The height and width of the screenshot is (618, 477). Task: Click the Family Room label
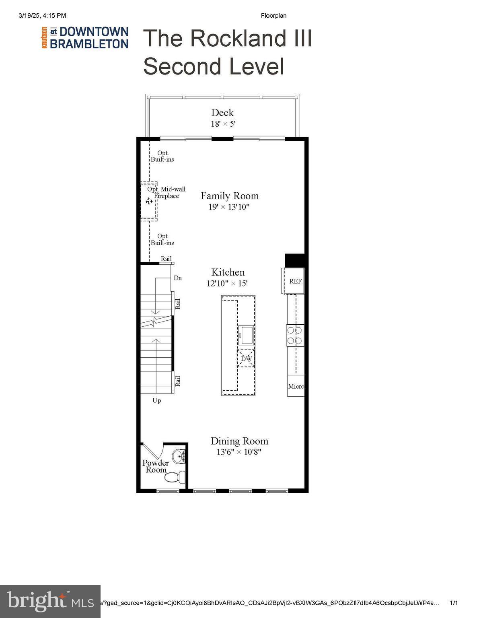coord(229,196)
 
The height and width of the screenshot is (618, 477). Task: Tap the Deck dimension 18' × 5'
coord(223,124)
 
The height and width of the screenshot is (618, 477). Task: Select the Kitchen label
coord(228,272)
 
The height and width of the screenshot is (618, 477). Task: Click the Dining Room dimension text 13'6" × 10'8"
coord(239,452)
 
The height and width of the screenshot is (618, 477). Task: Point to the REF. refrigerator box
coord(295,281)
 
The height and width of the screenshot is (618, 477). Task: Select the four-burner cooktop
coord(295,335)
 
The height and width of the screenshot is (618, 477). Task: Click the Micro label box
coord(296,386)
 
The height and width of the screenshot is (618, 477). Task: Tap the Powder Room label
coord(156,466)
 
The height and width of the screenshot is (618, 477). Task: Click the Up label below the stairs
coord(157,400)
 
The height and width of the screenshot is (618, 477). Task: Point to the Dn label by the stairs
coord(178,278)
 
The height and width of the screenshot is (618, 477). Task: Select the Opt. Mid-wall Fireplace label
coord(167,192)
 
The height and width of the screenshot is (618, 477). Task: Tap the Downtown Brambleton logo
coord(85,38)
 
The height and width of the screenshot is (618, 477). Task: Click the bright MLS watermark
coord(50,601)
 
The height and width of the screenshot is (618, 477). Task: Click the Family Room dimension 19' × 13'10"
coord(229,207)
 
